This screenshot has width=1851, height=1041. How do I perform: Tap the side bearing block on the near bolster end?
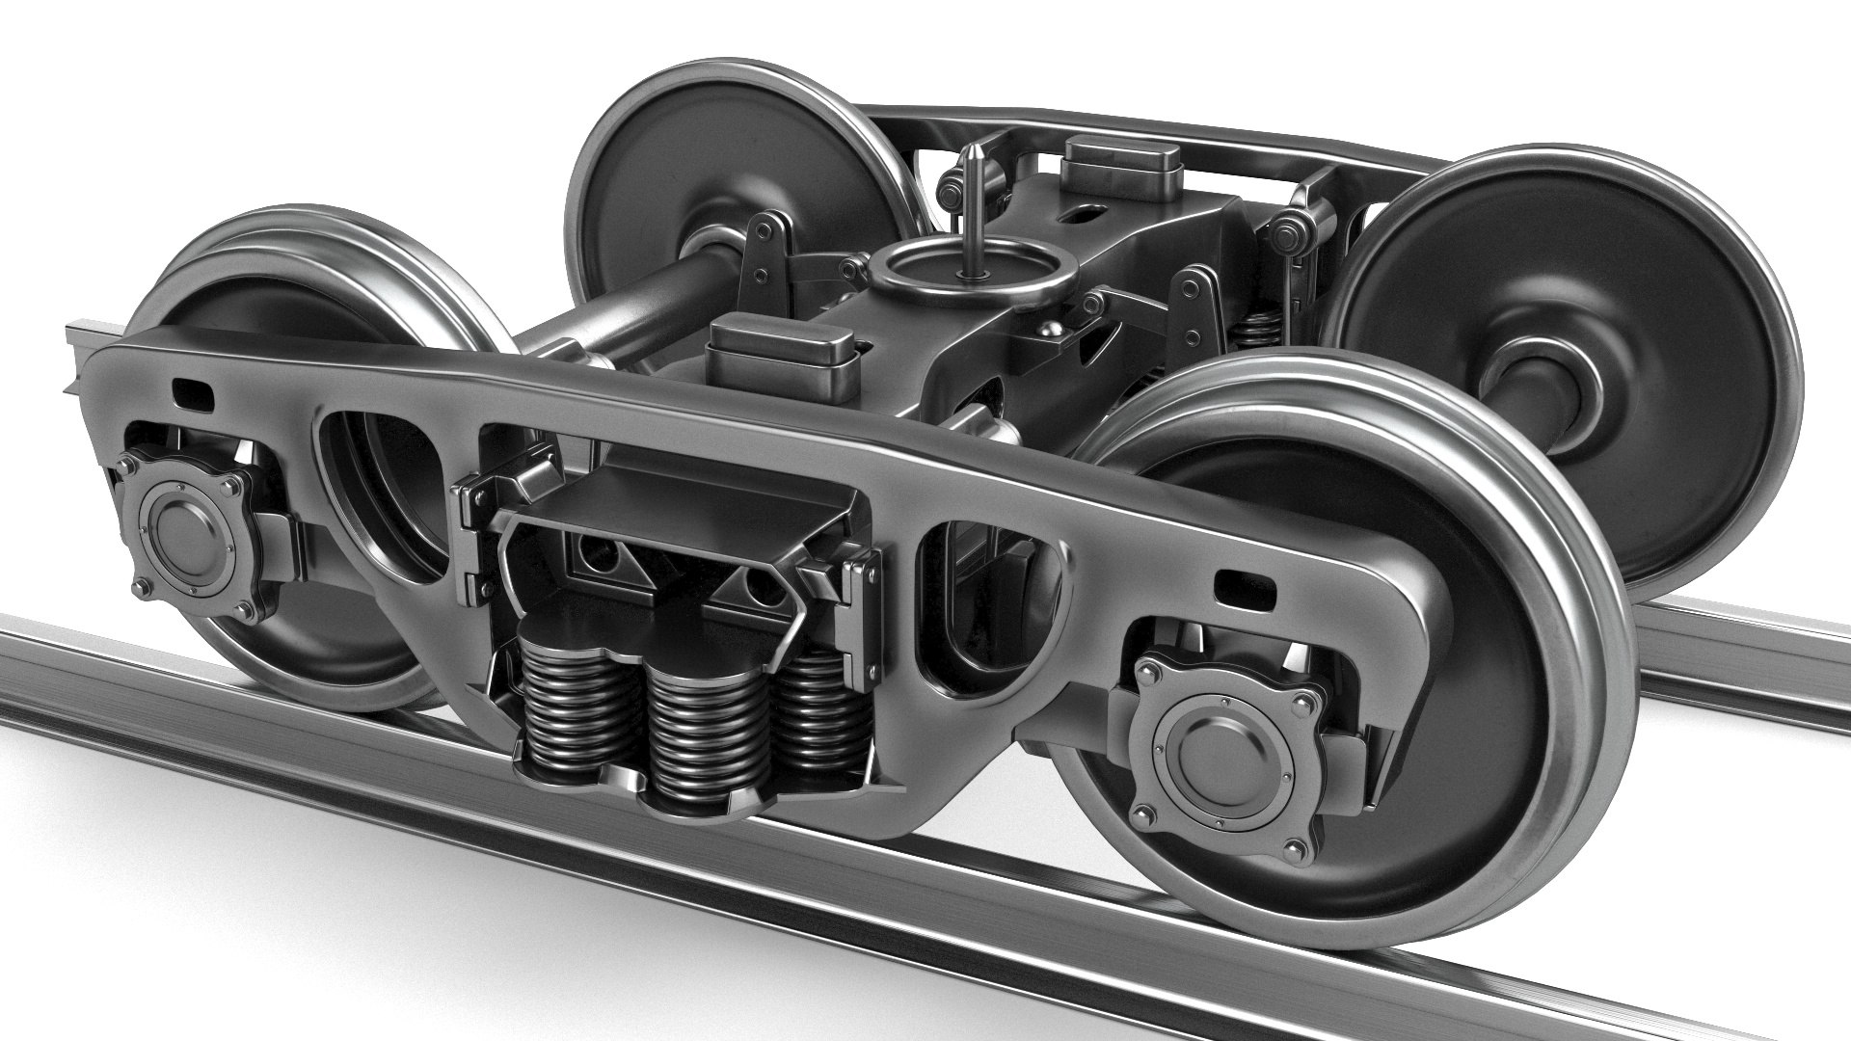pos(781,355)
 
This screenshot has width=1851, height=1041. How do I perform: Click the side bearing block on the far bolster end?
pos(1122,166)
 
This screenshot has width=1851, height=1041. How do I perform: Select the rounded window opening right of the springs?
pos(993,607)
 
